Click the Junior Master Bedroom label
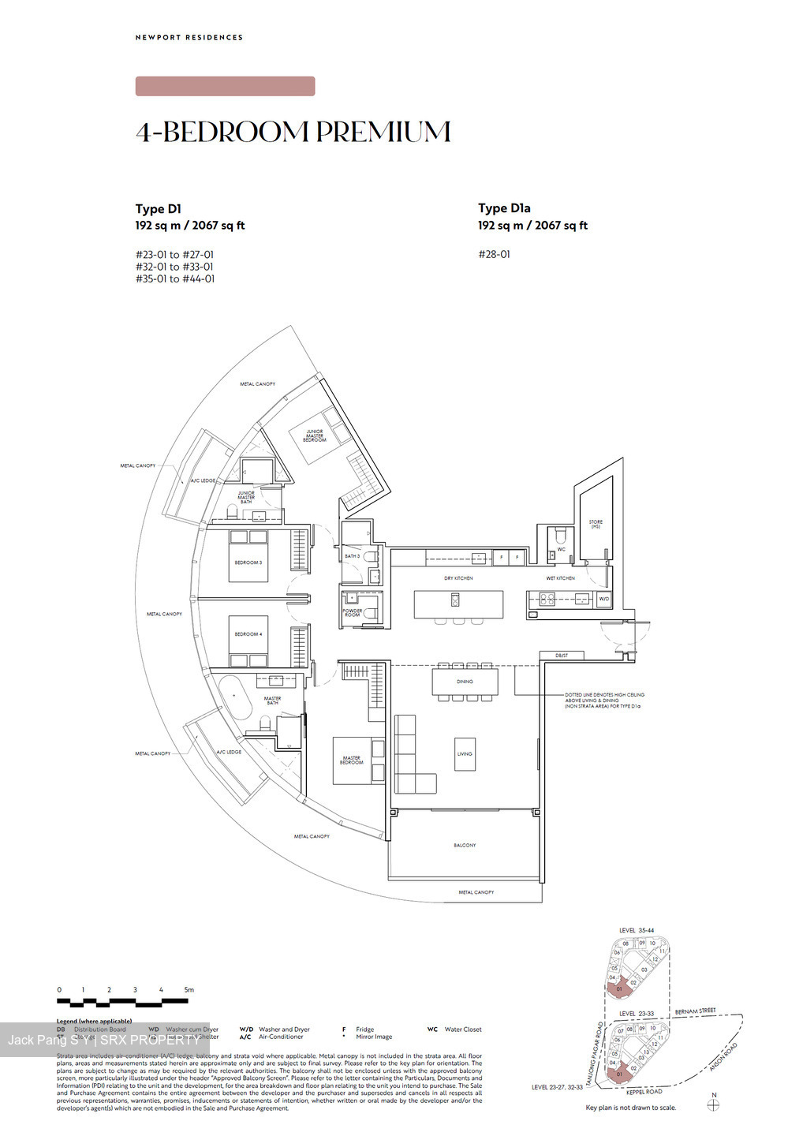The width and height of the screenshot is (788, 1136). [315, 435]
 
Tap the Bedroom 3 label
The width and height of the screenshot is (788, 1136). [248, 562]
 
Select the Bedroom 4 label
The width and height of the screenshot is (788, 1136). [248, 634]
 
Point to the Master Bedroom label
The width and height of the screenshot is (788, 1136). [351, 760]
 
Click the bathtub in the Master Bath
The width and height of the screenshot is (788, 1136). [233, 696]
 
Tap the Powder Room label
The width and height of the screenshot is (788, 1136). [352, 612]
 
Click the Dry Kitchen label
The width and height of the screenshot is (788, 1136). [458, 578]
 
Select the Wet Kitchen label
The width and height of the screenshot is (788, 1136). [560, 578]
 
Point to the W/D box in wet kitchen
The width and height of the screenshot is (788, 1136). [603, 599]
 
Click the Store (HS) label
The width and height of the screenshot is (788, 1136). [596, 523]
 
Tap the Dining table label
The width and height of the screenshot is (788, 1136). [465, 682]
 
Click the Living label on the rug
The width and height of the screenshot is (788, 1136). [465, 753]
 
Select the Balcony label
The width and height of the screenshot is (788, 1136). [465, 845]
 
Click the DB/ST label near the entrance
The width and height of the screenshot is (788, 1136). [562, 656]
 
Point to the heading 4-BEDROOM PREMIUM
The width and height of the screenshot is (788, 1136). [293, 132]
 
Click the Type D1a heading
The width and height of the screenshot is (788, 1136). [503, 208]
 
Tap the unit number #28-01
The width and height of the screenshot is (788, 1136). [494, 254]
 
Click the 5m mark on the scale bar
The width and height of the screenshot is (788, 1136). [189, 989]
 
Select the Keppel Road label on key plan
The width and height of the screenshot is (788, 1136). [644, 1092]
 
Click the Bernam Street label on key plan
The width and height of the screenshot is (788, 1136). [695, 1011]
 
